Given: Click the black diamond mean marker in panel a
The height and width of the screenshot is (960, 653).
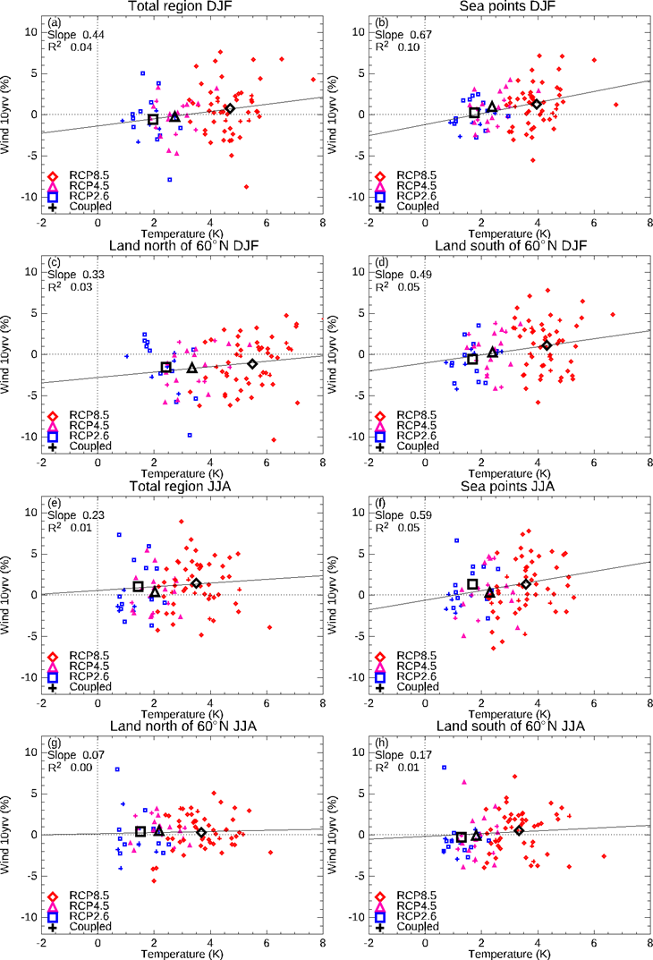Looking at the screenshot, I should point(229,109).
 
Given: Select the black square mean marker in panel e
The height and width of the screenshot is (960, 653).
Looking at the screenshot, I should point(139,587).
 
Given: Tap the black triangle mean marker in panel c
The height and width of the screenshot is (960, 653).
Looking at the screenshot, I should point(192,368).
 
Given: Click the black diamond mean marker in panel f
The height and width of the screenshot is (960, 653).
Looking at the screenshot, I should point(526,584).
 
